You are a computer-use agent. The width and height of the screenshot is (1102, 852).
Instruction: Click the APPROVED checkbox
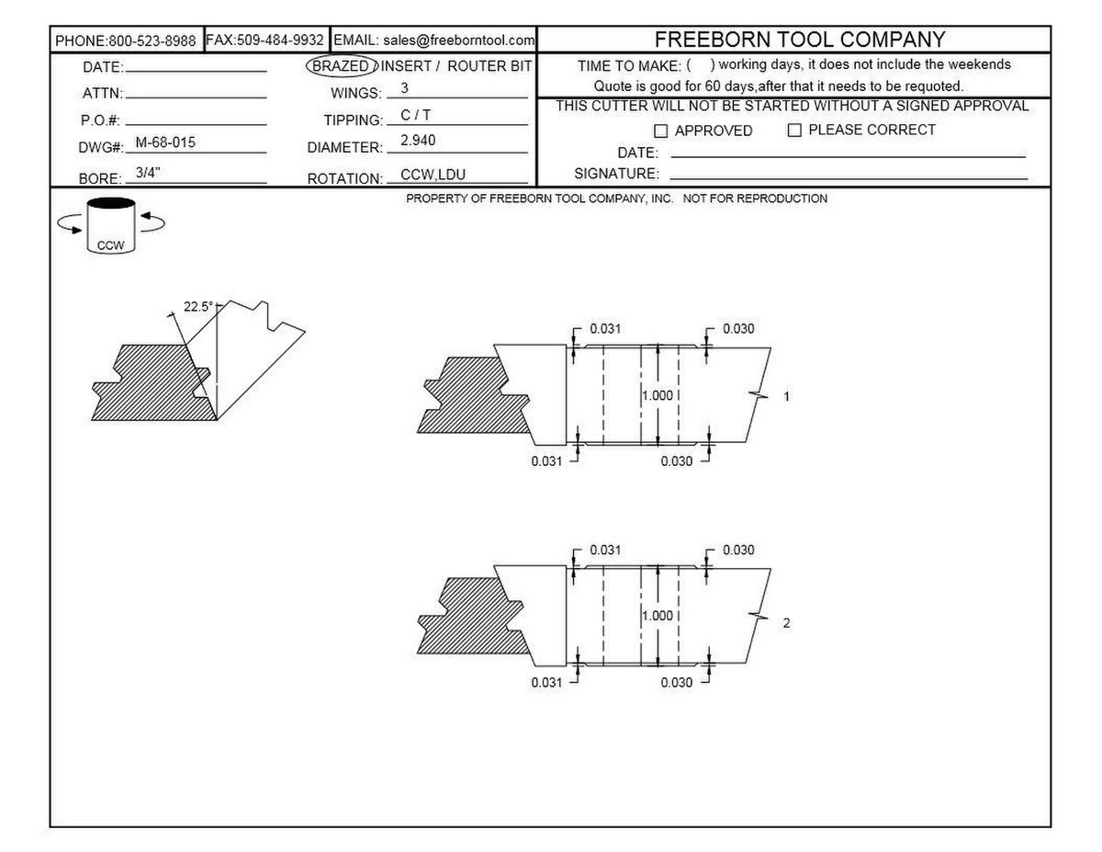pyautogui.click(x=660, y=131)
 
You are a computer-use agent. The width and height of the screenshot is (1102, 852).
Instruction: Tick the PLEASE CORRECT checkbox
pyautogui.click(x=794, y=131)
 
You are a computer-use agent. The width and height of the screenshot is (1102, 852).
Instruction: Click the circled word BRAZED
pyautogui.click(x=341, y=66)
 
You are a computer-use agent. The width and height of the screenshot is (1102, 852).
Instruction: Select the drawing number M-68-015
pyautogui.click(x=165, y=142)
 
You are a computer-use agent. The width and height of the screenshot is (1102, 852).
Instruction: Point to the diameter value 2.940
pyautogui.click(x=418, y=141)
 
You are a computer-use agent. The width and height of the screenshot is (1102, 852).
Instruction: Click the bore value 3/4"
pyautogui.click(x=148, y=173)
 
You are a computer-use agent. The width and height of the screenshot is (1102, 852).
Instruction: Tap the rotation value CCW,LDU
pyautogui.click(x=433, y=175)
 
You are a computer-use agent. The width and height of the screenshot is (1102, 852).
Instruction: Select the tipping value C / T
pyautogui.click(x=415, y=116)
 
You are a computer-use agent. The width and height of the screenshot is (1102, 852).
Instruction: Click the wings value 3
pyautogui.click(x=405, y=88)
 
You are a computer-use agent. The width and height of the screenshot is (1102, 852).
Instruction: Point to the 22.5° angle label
pyautogui.click(x=198, y=306)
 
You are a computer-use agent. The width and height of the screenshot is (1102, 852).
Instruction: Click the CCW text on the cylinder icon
pyautogui.click(x=110, y=245)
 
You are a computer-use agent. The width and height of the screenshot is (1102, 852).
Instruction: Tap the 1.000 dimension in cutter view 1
pyautogui.click(x=658, y=395)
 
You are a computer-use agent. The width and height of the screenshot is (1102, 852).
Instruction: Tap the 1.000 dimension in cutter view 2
pyautogui.click(x=658, y=616)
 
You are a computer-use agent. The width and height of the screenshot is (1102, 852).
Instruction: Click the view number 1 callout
pyautogui.click(x=787, y=396)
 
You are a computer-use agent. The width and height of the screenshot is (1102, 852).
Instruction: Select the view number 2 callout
pyautogui.click(x=786, y=622)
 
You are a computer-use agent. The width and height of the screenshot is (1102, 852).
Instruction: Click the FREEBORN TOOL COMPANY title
pyautogui.click(x=800, y=40)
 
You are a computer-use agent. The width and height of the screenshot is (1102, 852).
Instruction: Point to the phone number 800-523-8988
pyautogui.click(x=152, y=41)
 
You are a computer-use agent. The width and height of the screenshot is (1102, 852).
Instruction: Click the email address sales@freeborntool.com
pyautogui.click(x=458, y=40)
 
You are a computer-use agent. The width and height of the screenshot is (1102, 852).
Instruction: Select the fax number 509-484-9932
pyautogui.click(x=280, y=40)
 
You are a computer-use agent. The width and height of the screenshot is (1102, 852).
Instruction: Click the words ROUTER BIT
pyautogui.click(x=489, y=66)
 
